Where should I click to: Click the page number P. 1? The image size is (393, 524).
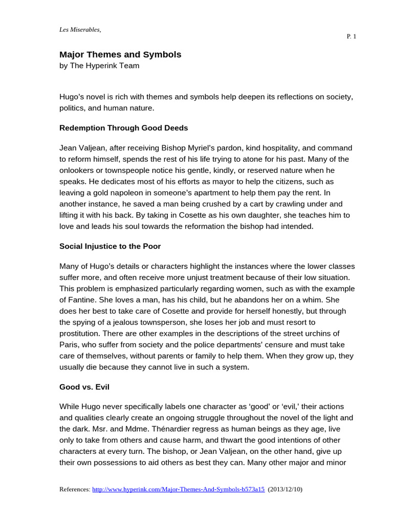pyautogui.click(x=351, y=36)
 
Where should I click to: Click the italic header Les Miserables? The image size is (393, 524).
pyautogui.click(x=80, y=29)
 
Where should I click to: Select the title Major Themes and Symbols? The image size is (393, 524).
pyautogui.click(x=120, y=54)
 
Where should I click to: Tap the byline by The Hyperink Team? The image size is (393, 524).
pyautogui.click(x=99, y=65)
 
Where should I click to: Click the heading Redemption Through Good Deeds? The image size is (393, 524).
pyautogui.click(x=124, y=127)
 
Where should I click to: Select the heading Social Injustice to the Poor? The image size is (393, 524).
pyautogui.click(x=110, y=246)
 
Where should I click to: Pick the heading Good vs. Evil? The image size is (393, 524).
pyautogui.click(x=84, y=387)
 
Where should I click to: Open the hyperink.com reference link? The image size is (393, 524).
pyautogui.click(x=178, y=489)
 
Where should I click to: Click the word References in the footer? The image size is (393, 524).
pyautogui.click(x=74, y=489)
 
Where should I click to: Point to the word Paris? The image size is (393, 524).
pyautogui.click(x=68, y=344)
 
